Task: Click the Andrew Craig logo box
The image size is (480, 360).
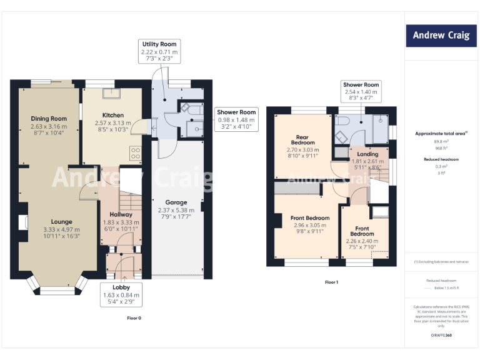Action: tap(440, 35)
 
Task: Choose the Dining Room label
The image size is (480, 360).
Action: tap(49, 126)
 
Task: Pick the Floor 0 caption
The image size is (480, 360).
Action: tap(134, 318)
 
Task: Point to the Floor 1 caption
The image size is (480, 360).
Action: tap(331, 282)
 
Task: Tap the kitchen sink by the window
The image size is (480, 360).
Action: tap(114, 94)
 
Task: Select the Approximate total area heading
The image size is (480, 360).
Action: tap(440, 134)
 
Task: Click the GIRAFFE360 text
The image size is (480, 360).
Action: tap(440, 336)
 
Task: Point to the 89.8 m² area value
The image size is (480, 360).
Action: tap(440, 142)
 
